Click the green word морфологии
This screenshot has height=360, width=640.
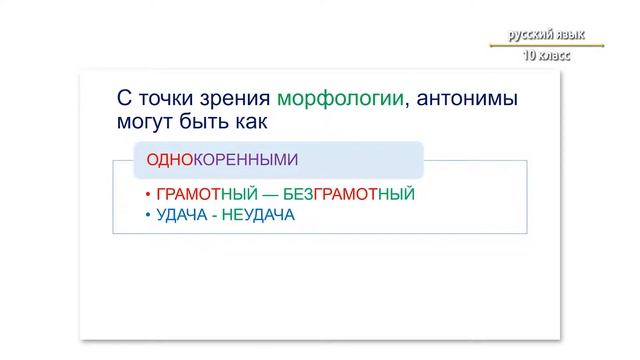[x=341, y=99]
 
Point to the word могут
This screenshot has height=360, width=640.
[x=145, y=121]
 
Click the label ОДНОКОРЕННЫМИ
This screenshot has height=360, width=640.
[x=222, y=160]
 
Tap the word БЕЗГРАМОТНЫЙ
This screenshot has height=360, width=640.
[x=351, y=194]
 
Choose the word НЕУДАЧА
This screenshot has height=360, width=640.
[x=258, y=214]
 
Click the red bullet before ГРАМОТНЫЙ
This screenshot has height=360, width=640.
[x=147, y=195]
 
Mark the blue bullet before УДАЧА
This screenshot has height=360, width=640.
[x=147, y=215]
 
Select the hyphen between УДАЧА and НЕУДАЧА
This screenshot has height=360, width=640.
[x=216, y=214]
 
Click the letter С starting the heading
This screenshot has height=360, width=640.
[x=124, y=99]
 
